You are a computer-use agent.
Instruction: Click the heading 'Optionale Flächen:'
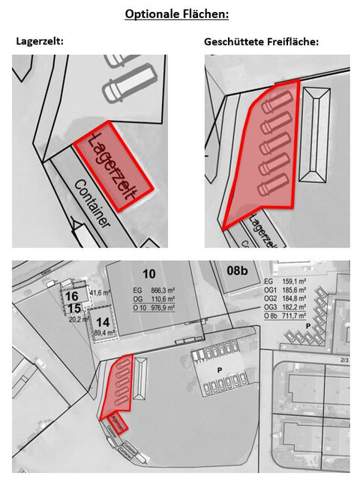click(x=180, y=13)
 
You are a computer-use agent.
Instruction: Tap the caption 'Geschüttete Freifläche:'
click(x=261, y=42)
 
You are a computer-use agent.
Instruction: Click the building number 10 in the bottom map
click(x=148, y=272)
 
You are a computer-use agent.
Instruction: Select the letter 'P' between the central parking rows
click(x=220, y=370)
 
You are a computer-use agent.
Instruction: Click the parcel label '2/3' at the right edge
click(x=343, y=360)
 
